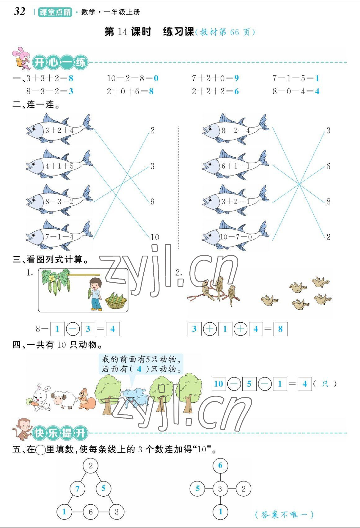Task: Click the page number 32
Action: [x=20, y=11]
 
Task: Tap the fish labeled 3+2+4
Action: [x=59, y=129]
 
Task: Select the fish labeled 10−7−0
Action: [x=235, y=236]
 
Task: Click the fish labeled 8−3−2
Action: [x=59, y=201]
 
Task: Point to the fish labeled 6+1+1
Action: [x=235, y=165]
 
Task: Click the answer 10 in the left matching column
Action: [x=155, y=237]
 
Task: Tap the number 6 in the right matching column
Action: [x=328, y=166]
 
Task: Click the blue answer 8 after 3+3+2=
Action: [x=71, y=78]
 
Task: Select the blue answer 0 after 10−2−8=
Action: [x=156, y=78]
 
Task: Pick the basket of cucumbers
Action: [x=116, y=301]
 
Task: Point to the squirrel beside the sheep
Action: [x=86, y=398]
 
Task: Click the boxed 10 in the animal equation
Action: [x=218, y=384]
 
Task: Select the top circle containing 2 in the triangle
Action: [x=91, y=465]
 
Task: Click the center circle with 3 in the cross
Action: [x=220, y=489]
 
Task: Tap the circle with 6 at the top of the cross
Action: [x=220, y=465]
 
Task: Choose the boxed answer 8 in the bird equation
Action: [x=280, y=329]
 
